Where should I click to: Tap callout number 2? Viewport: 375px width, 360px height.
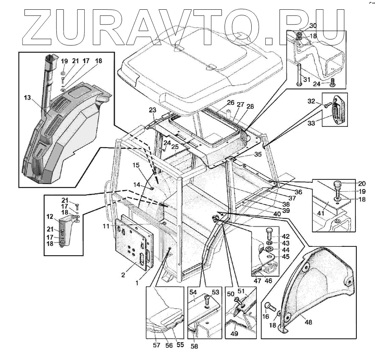click(x=123, y=275)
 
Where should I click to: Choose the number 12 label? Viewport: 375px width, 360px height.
click(x=50, y=217)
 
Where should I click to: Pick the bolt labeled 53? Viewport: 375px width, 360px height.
click(x=207, y=300)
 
